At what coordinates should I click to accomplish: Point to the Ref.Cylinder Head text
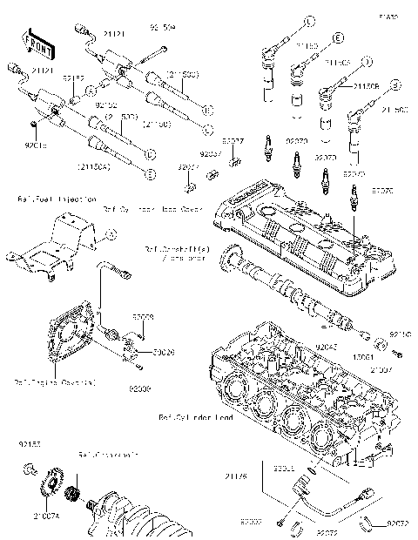point(195,417)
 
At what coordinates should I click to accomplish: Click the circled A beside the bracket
point(110,234)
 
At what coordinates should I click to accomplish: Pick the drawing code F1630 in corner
point(386,16)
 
